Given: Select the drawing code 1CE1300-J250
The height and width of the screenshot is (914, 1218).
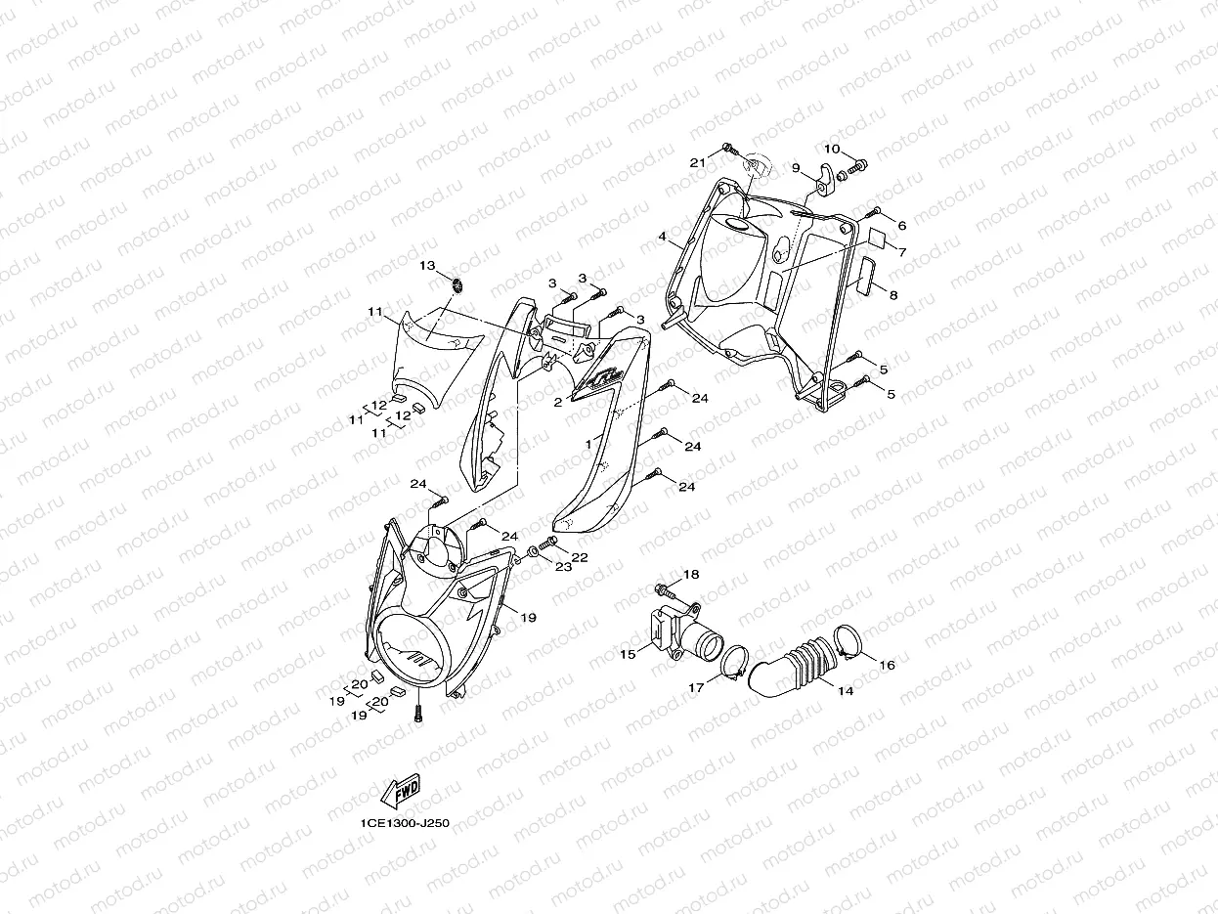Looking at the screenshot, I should (x=404, y=823).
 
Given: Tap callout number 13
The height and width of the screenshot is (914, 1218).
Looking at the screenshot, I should (x=428, y=266).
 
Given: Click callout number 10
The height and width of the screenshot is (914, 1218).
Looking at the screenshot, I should (x=831, y=150).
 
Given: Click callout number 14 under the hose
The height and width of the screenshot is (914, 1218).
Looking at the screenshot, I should (x=846, y=691).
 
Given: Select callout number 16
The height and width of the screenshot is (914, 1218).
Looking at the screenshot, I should (x=888, y=665).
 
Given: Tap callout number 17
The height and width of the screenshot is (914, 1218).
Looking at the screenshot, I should (x=696, y=688).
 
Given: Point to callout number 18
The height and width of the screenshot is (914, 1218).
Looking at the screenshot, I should (x=691, y=575).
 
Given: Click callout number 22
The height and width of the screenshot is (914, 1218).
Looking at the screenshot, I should (x=580, y=557).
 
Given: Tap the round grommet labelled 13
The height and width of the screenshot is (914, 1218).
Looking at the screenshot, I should (x=456, y=284).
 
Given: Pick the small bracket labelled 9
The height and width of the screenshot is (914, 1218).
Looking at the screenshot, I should (x=825, y=180).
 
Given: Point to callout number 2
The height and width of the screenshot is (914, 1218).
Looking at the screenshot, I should (x=558, y=402).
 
